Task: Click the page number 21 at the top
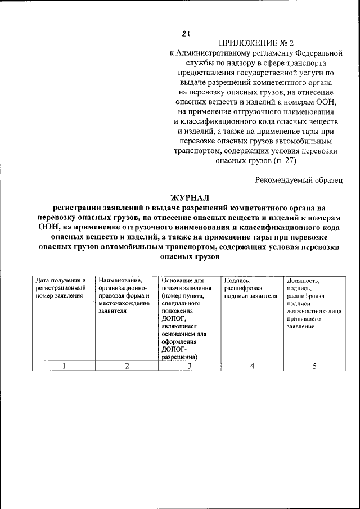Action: [185, 34]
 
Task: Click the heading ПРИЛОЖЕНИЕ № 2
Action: [256, 43]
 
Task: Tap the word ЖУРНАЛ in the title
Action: [189, 197]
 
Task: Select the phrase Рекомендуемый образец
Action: [298, 179]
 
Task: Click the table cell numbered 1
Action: [64, 366]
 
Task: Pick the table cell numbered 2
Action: [127, 366]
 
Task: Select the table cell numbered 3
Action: [190, 366]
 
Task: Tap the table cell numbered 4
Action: [252, 366]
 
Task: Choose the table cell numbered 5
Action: [314, 366]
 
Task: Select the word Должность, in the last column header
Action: [303, 280]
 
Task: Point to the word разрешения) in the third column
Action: [179, 357]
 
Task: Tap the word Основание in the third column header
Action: [177, 280]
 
